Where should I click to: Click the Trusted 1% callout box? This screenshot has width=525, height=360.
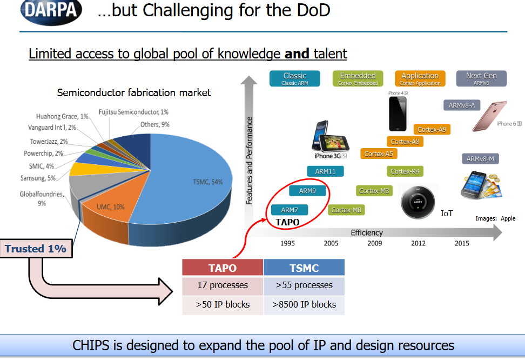pyautogui.click(x=36, y=249)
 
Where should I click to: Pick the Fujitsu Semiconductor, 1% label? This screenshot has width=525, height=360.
pyautogui.click(x=133, y=112)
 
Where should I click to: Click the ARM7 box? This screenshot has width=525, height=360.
pyautogui.click(x=290, y=210)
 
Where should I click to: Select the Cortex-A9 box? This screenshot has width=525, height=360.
pyautogui.click(x=432, y=129)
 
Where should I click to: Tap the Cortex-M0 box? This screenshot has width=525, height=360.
pyautogui.click(x=346, y=210)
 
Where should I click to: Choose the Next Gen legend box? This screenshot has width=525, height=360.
pyautogui.click(x=481, y=78)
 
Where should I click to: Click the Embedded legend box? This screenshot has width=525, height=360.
pyautogui.click(x=358, y=78)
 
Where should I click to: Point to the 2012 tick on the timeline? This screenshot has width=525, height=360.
pyautogui.click(x=418, y=243)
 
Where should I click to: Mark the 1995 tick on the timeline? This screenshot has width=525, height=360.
pyautogui.click(x=288, y=243)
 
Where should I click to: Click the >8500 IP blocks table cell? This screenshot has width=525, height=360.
pyautogui.click(x=304, y=304)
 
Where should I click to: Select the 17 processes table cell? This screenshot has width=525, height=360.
pyautogui.click(x=223, y=285)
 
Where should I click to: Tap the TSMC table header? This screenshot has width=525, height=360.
pyautogui.click(x=304, y=268)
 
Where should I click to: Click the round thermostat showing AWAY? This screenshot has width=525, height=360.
pyautogui.click(x=416, y=202)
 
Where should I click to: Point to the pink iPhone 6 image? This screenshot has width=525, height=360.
pyautogui.click(x=489, y=116)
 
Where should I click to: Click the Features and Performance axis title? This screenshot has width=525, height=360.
pyautogui.click(x=250, y=160)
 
